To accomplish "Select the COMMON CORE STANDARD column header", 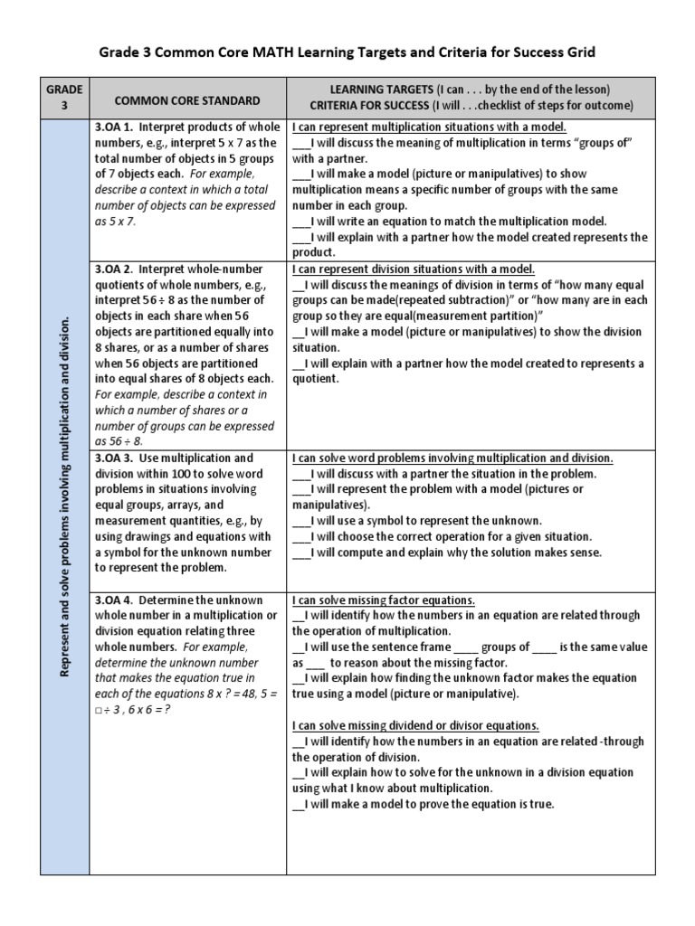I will (x=187, y=101).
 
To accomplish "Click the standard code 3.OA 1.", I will (x=114, y=127).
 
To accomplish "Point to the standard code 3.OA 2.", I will (x=114, y=269).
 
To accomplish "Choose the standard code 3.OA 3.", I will (x=114, y=458).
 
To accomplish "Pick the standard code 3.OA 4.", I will (x=114, y=600).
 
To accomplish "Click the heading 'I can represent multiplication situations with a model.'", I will (x=429, y=127).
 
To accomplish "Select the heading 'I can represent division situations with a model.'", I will (x=414, y=269).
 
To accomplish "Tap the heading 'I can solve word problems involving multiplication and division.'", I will (x=452, y=458).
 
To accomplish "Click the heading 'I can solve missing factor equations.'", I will (x=384, y=600).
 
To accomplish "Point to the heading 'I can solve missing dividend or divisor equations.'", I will (x=415, y=726).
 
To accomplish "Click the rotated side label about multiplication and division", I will (x=65, y=497).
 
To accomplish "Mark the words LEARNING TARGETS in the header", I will (x=380, y=89).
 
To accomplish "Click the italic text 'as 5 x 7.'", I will (x=115, y=222).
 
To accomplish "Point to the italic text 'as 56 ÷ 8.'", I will (x=119, y=441).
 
